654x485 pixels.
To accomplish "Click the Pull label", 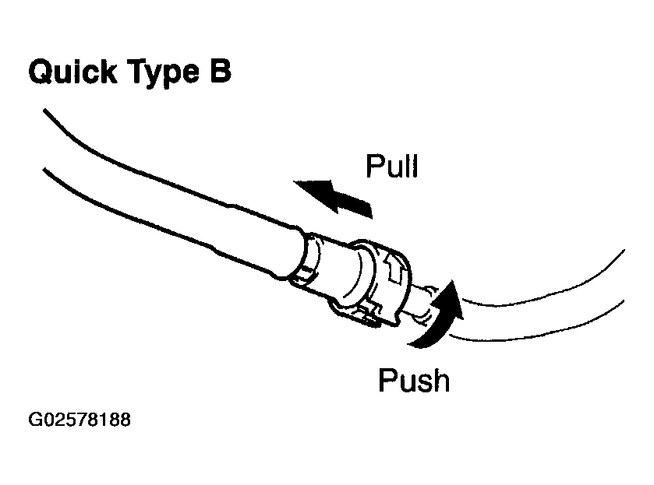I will pyautogui.click(x=391, y=166).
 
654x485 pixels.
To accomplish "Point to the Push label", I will pyautogui.click(x=413, y=381).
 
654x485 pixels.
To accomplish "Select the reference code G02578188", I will pyautogui.click(x=79, y=420).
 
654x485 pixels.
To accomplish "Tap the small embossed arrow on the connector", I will pyautogui.click(x=394, y=268).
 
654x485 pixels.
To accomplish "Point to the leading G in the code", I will pyautogui.click(x=35, y=420).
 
